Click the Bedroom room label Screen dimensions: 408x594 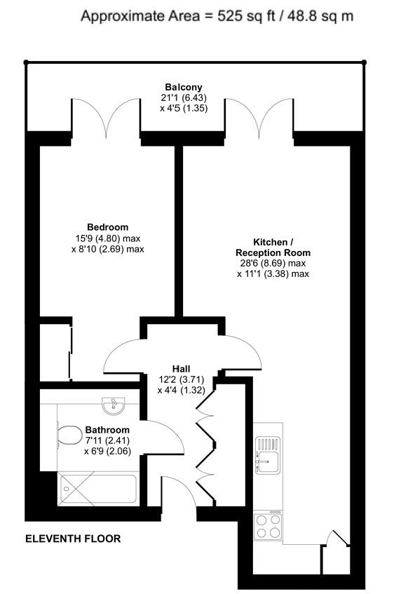(x=107, y=227)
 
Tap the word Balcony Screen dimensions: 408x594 (x=184, y=88)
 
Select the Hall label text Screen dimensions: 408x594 (x=181, y=369)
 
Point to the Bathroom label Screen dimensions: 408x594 (x=107, y=430)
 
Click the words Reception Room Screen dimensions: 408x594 (x=273, y=252)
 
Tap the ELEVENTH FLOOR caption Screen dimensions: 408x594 (x=73, y=539)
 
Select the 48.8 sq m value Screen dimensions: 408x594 (x=320, y=16)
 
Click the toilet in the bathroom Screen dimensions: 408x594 (x=69, y=435)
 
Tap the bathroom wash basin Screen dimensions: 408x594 (x=114, y=405)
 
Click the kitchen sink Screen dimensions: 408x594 (x=268, y=455)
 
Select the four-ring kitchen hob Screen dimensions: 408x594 (x=268, y=526)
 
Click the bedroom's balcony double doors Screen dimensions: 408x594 (x=106, y=117)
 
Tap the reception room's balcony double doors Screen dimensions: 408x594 (x=259, y=117)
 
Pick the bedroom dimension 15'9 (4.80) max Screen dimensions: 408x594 (x=107, y=238)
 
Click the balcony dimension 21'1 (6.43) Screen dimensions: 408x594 (x=184, y=98)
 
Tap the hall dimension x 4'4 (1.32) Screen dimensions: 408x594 (x=181, y=390)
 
